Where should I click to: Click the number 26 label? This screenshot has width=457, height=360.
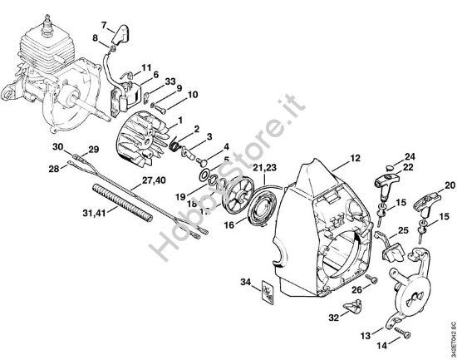[356, 289]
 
